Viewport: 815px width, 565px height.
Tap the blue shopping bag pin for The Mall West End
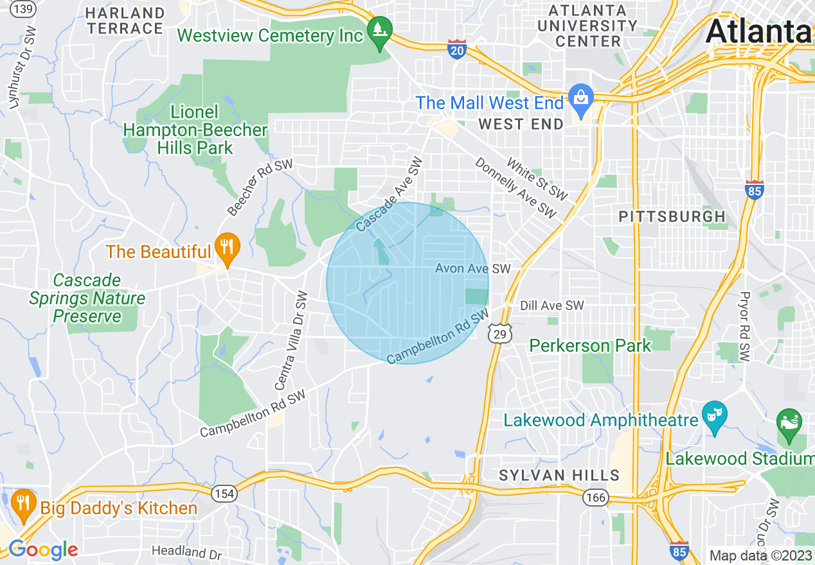[581, 100]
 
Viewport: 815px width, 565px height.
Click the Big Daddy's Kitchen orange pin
[24, 504]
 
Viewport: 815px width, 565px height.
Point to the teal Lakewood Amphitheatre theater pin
[714, 416]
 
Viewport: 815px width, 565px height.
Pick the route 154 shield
[223, 494]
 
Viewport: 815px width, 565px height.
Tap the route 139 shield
[24, 8]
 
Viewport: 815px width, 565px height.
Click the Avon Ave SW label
[472, 268]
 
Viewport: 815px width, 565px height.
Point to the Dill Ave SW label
[551, 306]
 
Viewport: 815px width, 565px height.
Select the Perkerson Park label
[590, 345]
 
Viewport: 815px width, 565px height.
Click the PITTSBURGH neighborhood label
[672, 216]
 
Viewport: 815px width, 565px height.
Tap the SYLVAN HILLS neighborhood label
[559, 475]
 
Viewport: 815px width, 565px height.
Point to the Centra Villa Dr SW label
[291, 340]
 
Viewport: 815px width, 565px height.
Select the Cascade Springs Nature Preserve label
[87, 299]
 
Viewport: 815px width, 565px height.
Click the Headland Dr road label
[186, 552]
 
